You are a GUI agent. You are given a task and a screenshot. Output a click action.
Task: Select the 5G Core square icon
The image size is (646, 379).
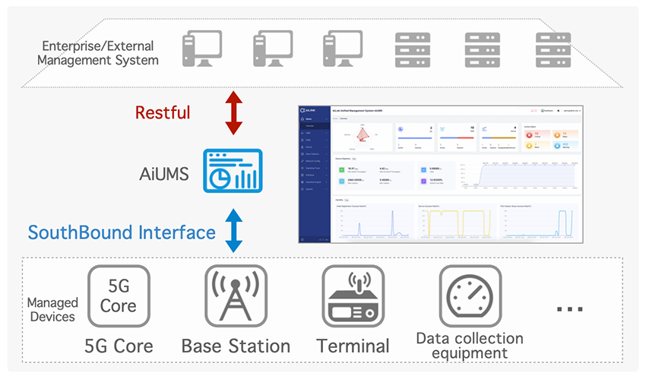pyautogui.click(x=118, y=296)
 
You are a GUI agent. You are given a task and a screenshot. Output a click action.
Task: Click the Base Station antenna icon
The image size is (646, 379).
pyautogui.click(x=235, y=296)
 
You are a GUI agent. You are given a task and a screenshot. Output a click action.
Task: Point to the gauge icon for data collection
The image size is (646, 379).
pyautogui.click(x=470, y=296)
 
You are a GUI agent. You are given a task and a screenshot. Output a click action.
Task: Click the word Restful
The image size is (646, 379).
pyautogui.click(x=163, y=113)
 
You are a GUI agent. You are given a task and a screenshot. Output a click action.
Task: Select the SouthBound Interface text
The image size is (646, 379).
pyautogui.click(x=122, y=232)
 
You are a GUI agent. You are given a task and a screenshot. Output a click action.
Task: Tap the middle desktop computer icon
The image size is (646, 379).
pyautogui.click(x=272, y=50)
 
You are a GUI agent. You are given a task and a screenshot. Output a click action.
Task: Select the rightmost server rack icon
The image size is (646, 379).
pyautogui.click(x=553, y=50)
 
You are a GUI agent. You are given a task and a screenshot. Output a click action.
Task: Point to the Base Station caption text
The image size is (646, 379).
pyautogui.click(x=236, y=346)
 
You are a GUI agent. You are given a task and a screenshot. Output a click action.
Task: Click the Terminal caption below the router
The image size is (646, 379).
pyautogui.click(x=353, y=346)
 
